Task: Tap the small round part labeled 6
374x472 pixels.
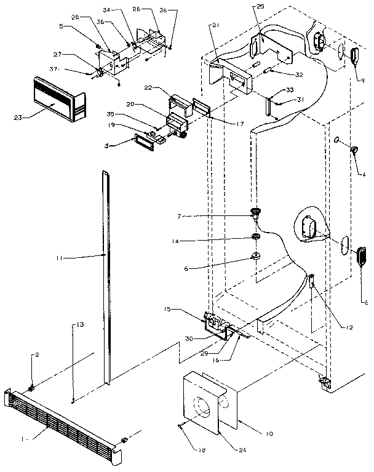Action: pos(255,256)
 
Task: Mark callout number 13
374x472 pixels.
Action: pos(80,324)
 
